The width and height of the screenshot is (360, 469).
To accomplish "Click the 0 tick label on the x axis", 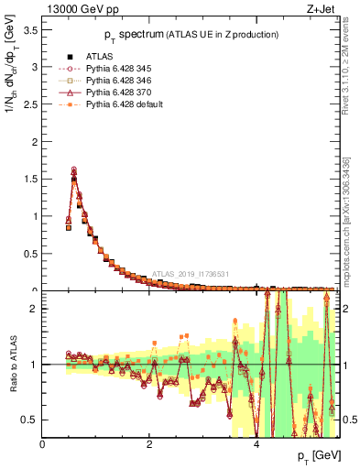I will coord(43,444).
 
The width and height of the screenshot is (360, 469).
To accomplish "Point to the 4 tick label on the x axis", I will coord(256,444).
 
